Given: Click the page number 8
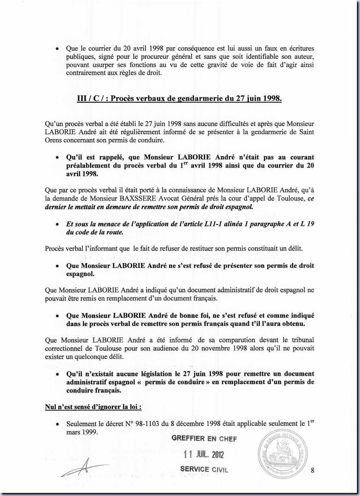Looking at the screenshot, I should pyautogui.click(x=313, y=470).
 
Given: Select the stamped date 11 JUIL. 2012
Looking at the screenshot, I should pyautogui.click(x=204, y=454).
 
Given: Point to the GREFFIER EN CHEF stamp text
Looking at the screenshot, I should pyautogui.click(x=204, y=438).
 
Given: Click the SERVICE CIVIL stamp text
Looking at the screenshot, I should pyautogui.click(x=204, y=469).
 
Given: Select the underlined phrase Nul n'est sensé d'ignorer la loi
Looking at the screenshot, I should pyautogui.click(x=93, y=407).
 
